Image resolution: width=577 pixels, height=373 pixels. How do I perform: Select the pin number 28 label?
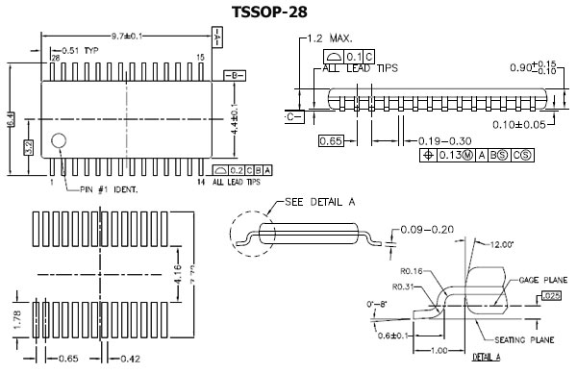point(55,59)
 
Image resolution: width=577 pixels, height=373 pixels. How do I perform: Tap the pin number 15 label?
point(200,59)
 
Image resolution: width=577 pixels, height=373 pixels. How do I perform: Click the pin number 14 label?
point(200,182)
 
